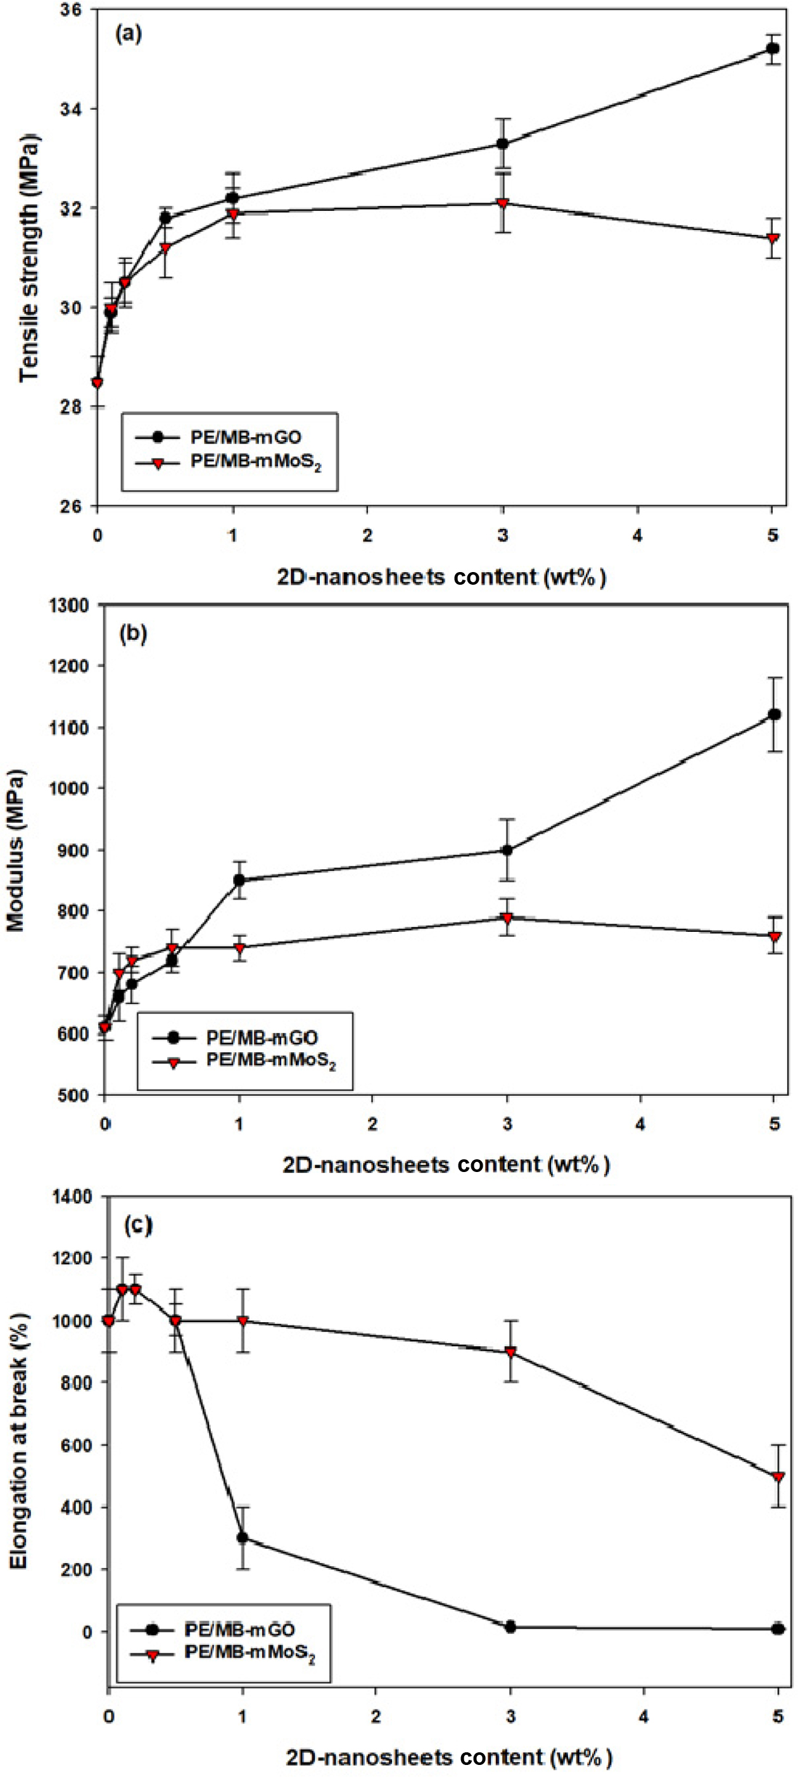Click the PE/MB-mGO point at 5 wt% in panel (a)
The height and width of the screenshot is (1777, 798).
click(x=773, y=48)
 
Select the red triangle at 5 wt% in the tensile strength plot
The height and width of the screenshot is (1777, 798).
click(x=773, y=239)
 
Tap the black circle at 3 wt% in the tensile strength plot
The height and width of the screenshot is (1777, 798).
click(x=503, y=143)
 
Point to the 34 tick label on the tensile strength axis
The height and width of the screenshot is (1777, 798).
click(x=69, y=109)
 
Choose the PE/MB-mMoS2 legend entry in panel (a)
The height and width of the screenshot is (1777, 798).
click(x=255, y=461)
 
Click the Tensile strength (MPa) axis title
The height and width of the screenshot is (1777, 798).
click(x=29, y=257)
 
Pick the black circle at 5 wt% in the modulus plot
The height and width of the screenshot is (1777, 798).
click(x=775, y=714)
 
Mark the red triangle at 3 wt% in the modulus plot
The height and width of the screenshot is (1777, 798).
click(x=508, y=918)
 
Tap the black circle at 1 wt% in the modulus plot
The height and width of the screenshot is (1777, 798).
click(x=239, y=880)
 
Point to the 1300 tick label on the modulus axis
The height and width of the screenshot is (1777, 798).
click(x=69, y=606)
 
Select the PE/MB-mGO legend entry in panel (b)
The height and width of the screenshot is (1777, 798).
click(x=262, y=1038)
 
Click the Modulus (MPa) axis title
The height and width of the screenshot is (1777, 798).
click(x=15, y=850)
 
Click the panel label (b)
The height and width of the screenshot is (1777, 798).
click(x=133, y=633)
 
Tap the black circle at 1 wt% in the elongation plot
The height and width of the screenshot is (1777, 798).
click(x=243, y=1538)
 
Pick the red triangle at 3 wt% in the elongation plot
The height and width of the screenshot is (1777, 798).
click(x=510, y=1353)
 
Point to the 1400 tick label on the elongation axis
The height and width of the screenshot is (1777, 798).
click(x=72, y=1196)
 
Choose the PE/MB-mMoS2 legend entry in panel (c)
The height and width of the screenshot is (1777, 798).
click(x=250, y=1653)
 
